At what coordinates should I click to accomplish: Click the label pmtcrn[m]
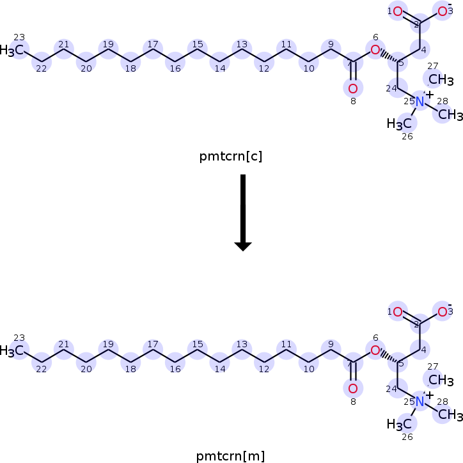pyautogui.click(x=231, y=456)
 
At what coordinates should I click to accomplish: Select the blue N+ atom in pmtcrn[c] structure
pyautogui.click(x=420, y=102)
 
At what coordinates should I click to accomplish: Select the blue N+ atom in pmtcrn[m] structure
pyautogui.click(x=420, y=402)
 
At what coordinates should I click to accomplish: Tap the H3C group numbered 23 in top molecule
pyautogui.click(x=14, y=49)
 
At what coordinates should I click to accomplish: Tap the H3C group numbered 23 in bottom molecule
pyautogui.click(x=14, y=350)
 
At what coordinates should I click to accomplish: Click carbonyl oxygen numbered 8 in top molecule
pyautogui.click(x=352, y=88)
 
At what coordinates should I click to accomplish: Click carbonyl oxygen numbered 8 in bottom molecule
pyautogui.click(x=352, y=388)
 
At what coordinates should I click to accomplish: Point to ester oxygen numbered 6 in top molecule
pyautogui.click(x=375, y=49)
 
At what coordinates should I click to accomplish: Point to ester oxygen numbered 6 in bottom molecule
pyautogui.click(x=375, y=350)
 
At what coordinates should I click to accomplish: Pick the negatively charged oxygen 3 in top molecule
pyautogui.click(x=442, y=11)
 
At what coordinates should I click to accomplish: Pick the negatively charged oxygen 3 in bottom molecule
pyautogui.click(x=442, y=312)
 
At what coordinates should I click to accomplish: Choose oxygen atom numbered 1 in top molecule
pyautogui.click(x=397, y=11)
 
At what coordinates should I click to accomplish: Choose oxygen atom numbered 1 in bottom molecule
pyautogui.click(x=397, y=312)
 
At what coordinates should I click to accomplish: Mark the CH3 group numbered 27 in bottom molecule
pyautogui.click(x=441, y=381)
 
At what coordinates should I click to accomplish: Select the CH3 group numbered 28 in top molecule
pyautogui.click(x=450, y=114)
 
